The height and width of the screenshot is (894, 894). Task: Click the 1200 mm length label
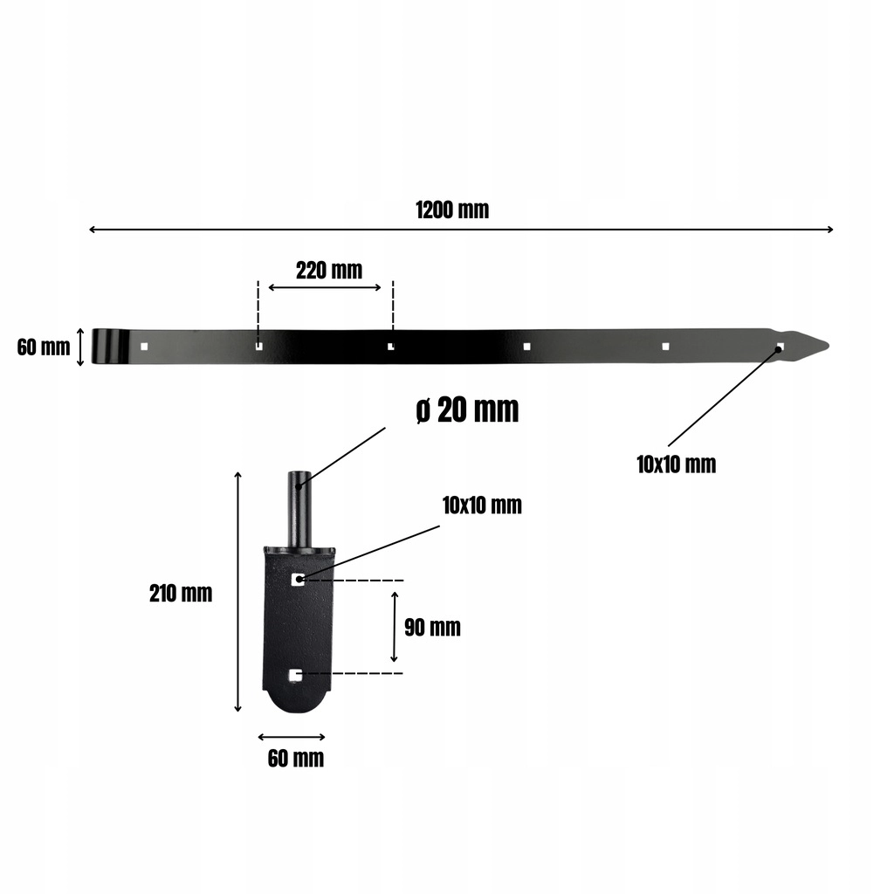pos(452,210)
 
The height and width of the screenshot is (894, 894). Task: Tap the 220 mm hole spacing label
pos(329,271)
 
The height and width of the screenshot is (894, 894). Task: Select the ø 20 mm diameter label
pos(468,409)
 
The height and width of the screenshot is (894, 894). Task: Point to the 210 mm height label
pos(181,594)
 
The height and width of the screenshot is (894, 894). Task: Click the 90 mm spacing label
pos(432,627)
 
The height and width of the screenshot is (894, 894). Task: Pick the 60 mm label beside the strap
pos(44,347)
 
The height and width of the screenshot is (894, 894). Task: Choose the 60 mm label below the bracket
pos(296,759)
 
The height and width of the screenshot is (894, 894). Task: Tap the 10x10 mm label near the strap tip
pos(677,464)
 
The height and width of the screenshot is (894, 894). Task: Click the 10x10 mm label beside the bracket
pos(482,505)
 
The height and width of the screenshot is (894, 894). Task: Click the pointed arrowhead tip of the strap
pos(829,345)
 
